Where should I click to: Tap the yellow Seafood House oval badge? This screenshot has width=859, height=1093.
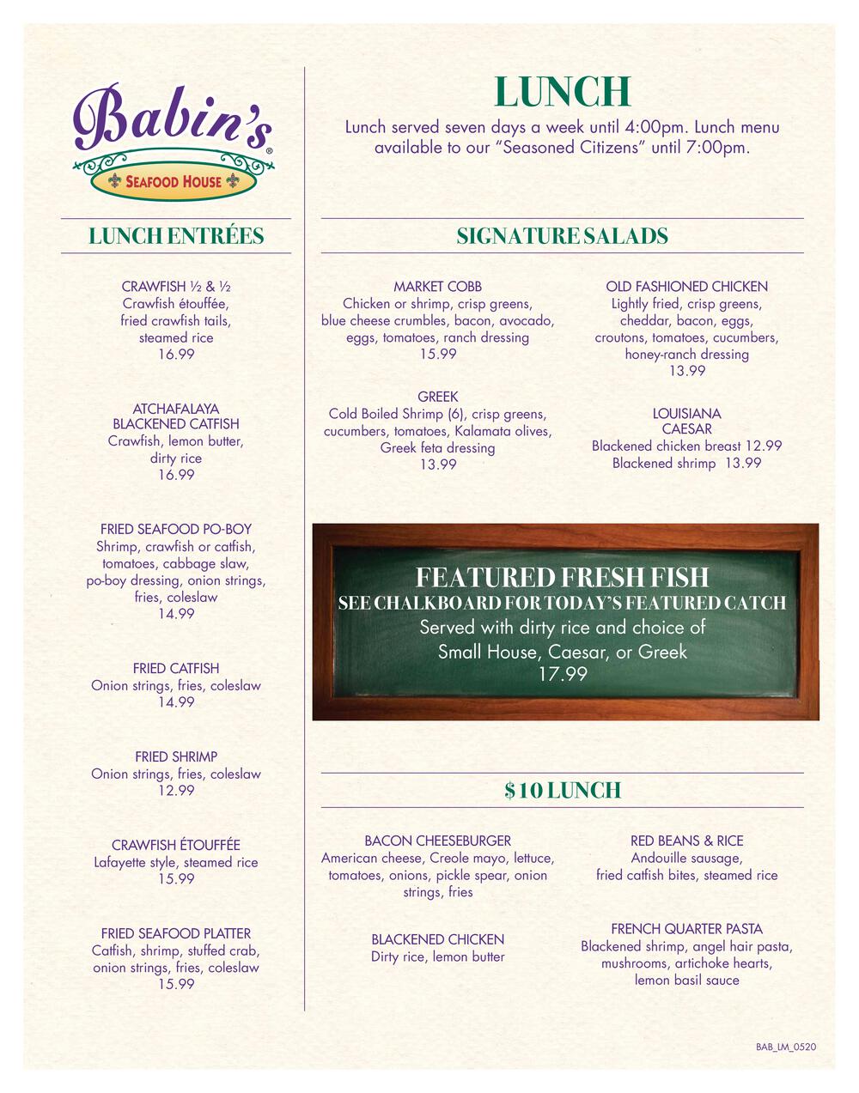point(174,181)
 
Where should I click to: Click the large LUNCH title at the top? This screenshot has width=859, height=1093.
point(563,92)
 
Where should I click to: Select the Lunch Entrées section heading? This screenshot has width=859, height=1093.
point(176,236)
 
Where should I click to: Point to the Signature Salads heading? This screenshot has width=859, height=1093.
point(563,236)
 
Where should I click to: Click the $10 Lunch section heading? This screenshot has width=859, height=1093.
point(563,790)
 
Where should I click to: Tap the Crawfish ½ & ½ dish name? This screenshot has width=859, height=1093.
point(176,287)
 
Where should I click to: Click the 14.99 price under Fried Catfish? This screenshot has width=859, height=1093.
point(176,702)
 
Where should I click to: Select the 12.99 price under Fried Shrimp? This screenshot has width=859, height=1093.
point(176,791)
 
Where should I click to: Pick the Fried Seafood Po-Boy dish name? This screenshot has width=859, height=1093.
point(176,530)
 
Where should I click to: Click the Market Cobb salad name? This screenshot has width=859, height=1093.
point(438,287)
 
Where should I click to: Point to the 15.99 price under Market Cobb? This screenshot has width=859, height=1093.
point(438,354)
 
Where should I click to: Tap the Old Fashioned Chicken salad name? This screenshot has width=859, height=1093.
point(686,287)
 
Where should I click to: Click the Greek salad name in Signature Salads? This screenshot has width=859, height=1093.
point(438,397)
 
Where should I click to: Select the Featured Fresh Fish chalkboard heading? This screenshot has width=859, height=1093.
point(563,577)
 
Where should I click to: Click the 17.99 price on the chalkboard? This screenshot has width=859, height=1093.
point(563,675)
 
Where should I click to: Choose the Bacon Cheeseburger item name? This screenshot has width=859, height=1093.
point(438,841)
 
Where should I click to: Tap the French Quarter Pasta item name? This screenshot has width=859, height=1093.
point(686,929)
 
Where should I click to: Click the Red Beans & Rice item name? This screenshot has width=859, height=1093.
point(686,841)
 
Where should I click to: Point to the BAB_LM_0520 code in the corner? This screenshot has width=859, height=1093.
point(786,1047)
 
